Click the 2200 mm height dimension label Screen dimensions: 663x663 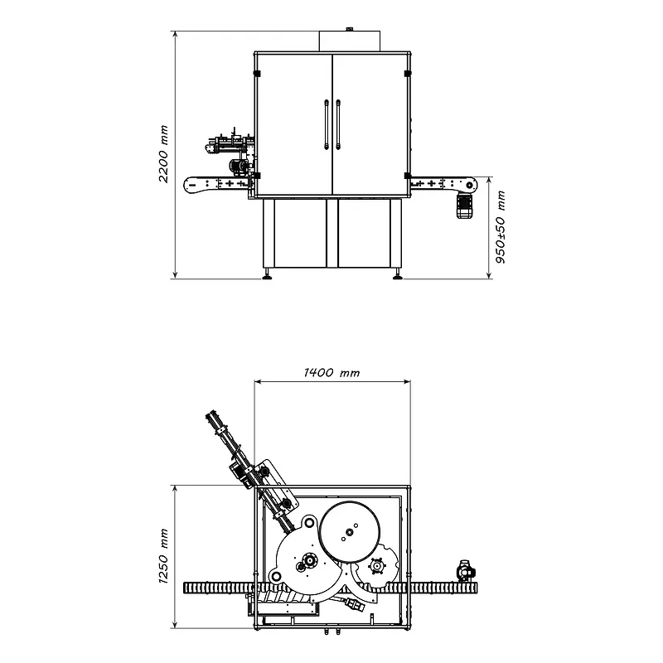(x=163, y=154)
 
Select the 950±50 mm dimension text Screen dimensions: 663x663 (x=501, y=227)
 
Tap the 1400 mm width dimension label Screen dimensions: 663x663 (x=332, y=372)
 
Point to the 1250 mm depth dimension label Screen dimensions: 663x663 (x=163, y=556)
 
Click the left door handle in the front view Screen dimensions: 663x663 (x=327, y=125)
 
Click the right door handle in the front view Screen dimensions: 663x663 (x=338, y=125)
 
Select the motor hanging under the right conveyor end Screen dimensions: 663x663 (x=465, y=206)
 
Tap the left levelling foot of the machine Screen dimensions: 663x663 (x=267, y=275)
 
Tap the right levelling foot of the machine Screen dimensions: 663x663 (x=398, y=275)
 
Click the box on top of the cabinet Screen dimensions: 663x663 (x=349, y=41)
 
